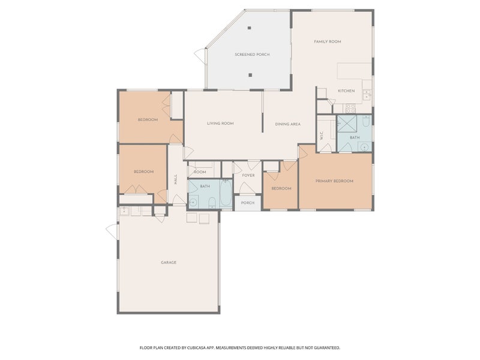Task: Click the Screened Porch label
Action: (x=252, y=55)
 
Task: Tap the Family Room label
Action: (x=328, y=41)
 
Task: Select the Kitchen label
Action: (x=346, y=91)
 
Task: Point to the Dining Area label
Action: (x=288, y=124)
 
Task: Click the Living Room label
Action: (x=220, y=124)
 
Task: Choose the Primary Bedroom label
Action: (x=334, y=181)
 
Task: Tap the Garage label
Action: (x=169, y=262)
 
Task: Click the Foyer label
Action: (x=248, y=175)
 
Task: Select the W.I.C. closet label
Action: (x=322, y=136)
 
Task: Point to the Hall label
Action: (x=176, y=179)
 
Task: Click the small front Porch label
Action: (x=248, y=203)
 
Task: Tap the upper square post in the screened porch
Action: (x=250, y=28)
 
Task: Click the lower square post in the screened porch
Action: (x=250, y=74)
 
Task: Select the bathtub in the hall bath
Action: (x=226, y=193)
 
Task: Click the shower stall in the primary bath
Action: (x=347, y=124)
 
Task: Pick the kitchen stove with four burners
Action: (x=351, y=109)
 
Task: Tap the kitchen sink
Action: (x=367, y=95)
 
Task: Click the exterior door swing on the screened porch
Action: (x=200, y=56)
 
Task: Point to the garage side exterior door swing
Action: (x=112, y=232)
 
